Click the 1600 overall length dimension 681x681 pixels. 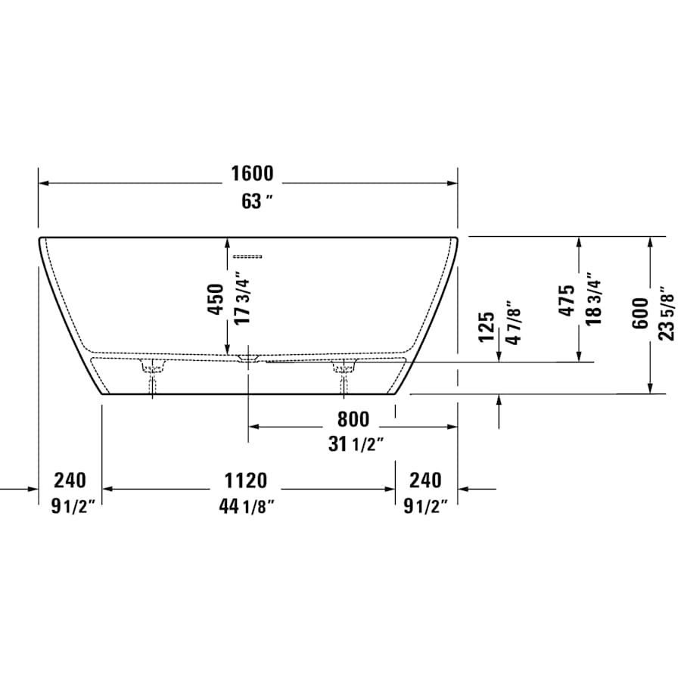click(x=252, y=174)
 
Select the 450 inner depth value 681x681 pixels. click(x=216, y=300)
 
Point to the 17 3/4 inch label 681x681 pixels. click(x=241, y=300)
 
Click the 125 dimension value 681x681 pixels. click(x=487, y=326)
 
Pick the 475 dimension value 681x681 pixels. click(x=567, y=300)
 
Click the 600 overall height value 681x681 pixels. click(x=639, y=313)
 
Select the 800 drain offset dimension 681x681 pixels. click(x=353, y=418)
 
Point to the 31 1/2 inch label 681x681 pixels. click(x=356, y=445)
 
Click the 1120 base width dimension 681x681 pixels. click(x=245, y=480)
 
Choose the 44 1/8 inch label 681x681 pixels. click(x=246, y=507)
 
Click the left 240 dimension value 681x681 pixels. click(x=70, y=480)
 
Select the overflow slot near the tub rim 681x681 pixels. click(x=247, y=256)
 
